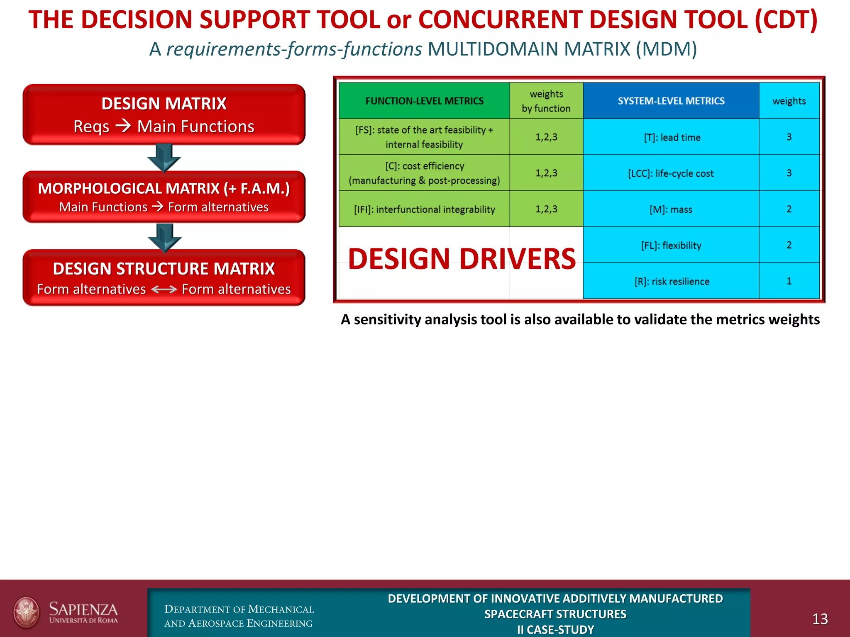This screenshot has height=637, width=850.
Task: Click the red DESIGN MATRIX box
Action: point(164,114)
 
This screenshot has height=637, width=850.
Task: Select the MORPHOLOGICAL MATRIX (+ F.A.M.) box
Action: point(164,197)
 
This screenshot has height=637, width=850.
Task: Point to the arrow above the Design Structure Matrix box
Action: point(165,238)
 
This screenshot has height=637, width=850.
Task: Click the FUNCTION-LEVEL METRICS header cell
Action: point(424,101)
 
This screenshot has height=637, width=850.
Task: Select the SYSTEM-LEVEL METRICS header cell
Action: point(671,101)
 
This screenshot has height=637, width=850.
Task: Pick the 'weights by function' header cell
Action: point(546,101)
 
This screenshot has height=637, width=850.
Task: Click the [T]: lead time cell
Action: point(672,137)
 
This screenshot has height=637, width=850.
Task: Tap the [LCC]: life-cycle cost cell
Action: point(671,173)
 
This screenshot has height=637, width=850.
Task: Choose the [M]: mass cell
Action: point(671,209)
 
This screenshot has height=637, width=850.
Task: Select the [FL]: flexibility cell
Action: point(671,245)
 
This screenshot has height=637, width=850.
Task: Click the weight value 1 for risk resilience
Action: point(789,281)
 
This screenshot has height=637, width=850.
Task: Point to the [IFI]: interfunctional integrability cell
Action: point(424,209)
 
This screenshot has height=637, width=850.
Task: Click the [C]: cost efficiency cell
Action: point(424,173)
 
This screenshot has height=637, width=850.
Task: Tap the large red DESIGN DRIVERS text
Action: point(462,259)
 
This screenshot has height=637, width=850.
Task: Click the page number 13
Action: point(820,619)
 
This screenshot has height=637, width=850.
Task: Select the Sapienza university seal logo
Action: point(27,612)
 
